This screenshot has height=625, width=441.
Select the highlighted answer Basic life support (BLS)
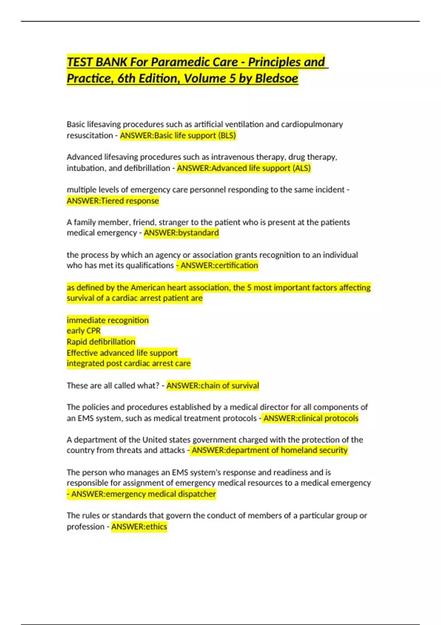point(195,135)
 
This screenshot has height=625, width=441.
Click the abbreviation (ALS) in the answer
point(301,168)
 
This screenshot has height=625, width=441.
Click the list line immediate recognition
point(108,320)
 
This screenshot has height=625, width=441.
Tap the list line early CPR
point(83,331)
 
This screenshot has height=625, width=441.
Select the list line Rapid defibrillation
point(101,342)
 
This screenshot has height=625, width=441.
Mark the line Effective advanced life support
point(122,353)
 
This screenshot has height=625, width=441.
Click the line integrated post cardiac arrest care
point(129,364)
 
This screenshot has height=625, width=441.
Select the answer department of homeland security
point(286,450)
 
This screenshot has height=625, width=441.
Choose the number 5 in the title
point(232,78)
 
